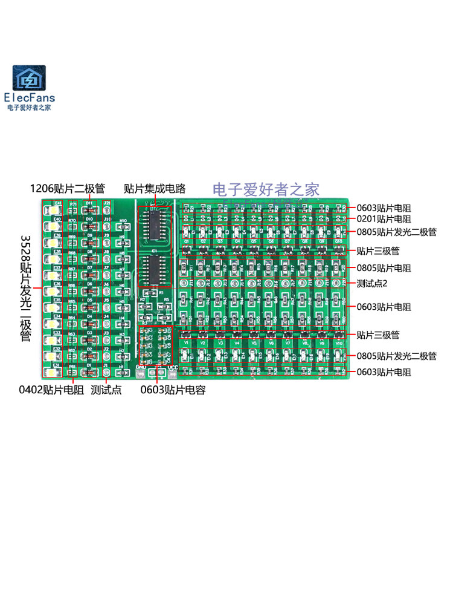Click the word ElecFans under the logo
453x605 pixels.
(29, 97)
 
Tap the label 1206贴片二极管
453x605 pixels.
(68, 188)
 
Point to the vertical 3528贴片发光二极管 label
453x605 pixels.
(25, 289)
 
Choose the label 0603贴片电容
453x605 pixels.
(173, 390)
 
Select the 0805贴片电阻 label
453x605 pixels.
(384, 267)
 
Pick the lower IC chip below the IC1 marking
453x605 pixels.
(156, 269)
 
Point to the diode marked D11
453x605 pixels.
(89, 211)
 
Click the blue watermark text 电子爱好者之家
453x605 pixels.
(266, 189)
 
